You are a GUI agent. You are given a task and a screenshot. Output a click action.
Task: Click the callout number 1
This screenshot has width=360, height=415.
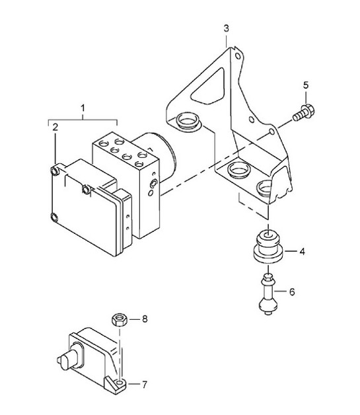pos(83,107)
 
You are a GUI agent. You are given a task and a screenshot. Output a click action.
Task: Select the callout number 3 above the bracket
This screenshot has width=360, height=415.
pos(226,28)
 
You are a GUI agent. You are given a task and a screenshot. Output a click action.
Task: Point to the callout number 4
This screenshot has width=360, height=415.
pos(301,252)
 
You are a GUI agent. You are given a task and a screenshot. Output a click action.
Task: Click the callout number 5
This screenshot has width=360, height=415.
pos(305,85)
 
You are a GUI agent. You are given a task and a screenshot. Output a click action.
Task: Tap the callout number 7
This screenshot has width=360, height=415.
pos(145,383)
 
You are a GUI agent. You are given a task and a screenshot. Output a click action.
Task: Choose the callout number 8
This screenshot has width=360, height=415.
pos(145,319)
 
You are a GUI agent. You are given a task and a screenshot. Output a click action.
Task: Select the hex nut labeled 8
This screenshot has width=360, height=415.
pos(120,319)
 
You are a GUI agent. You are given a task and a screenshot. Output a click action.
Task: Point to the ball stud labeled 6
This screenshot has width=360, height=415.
pos(267,296)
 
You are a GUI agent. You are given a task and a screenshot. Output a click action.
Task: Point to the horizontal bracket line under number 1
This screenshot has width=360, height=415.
pos(83,119)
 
